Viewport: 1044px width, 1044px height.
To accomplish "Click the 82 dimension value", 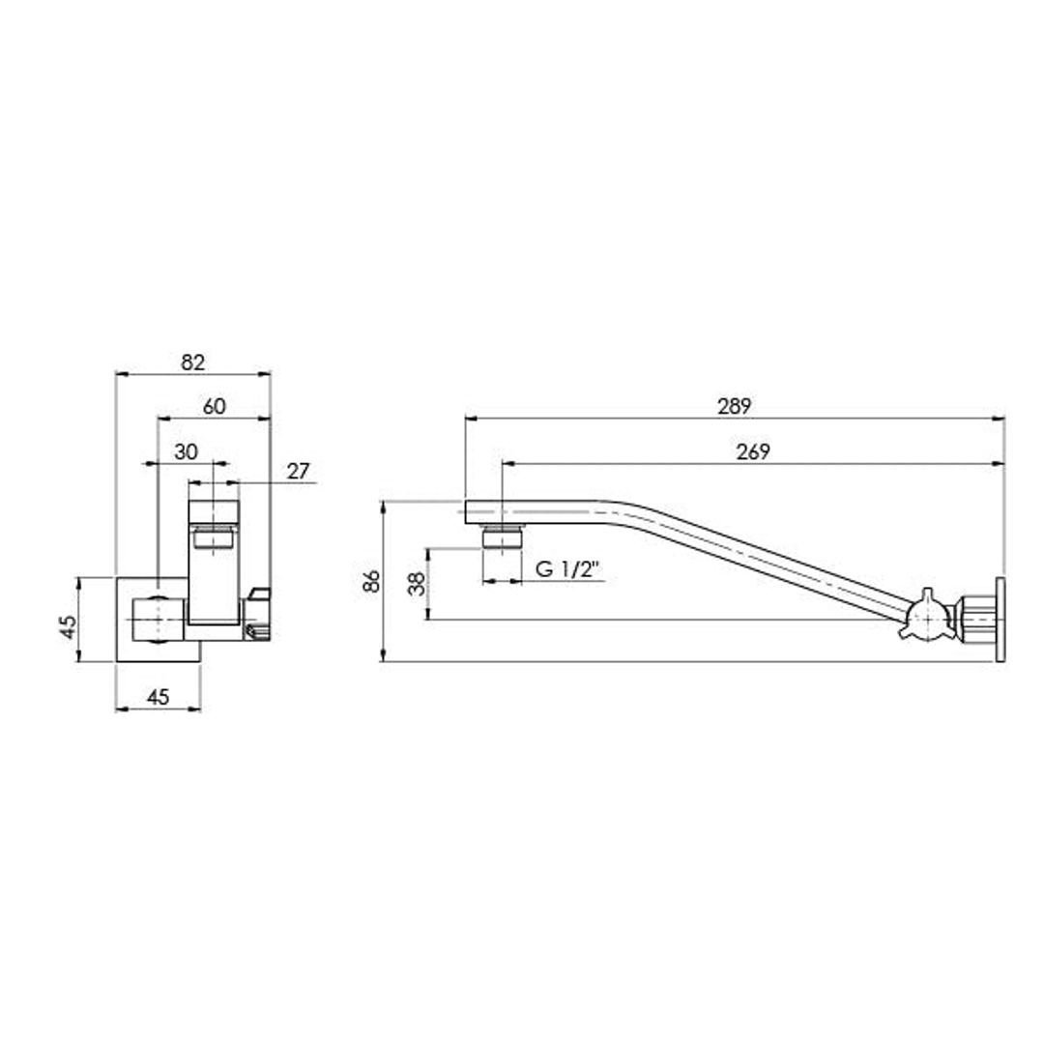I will click(x=193, y=362).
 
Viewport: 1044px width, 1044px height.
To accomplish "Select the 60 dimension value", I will click(x=215, y=407).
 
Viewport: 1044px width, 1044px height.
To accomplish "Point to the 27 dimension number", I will click(x=299, y=471).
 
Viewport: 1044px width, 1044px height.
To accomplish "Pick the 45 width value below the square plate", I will click(x=159, y=696).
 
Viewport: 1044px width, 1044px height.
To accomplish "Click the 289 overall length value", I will click(x=735, y=406).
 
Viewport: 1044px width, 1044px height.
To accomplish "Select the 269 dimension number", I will click(x=753, y=451).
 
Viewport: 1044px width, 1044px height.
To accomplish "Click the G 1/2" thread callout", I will click(x=568, y=569).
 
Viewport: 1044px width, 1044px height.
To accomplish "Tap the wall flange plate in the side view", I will click(x=1000, y=620).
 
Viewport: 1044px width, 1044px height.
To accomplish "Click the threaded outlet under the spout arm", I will click(x=502, y=536).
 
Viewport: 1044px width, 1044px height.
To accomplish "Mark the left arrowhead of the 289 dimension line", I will click(x=470, y=419).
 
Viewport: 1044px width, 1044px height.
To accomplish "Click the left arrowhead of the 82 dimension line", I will click(x=120, y=373).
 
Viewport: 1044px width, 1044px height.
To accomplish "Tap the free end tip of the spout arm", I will click(x=468, y=511).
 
